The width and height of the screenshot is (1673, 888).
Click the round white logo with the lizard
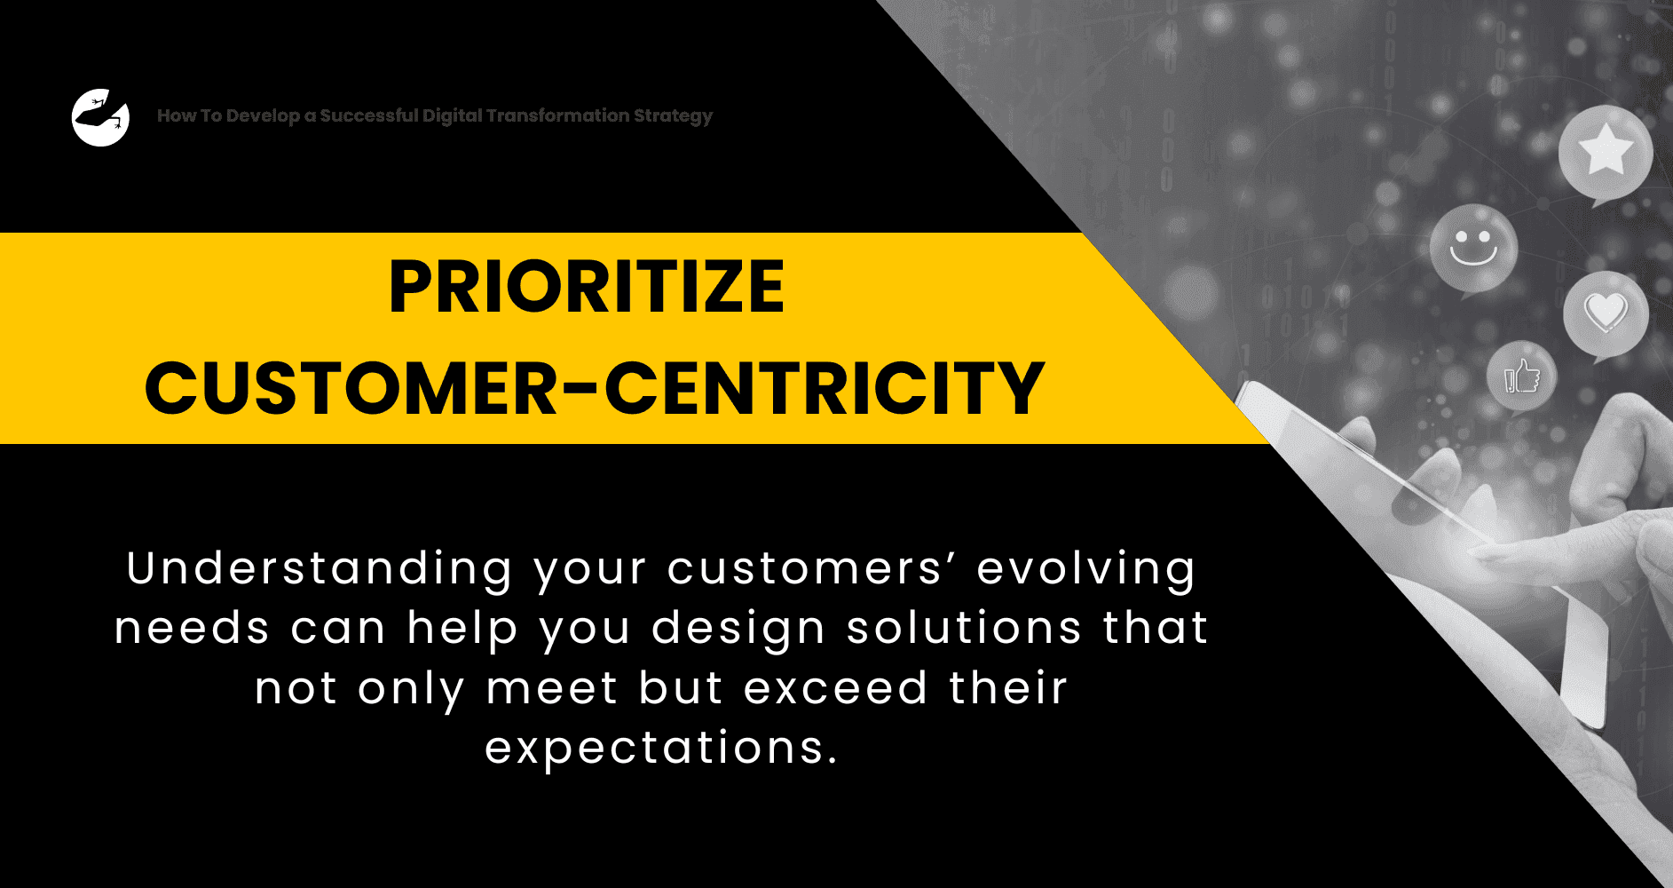(100, 117)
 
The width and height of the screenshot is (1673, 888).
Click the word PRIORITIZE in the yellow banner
(587, 287)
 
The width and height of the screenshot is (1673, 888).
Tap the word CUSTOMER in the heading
(351, 388)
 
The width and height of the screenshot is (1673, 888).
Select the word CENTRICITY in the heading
(824, 388)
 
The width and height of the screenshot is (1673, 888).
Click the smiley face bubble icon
(1473, 250)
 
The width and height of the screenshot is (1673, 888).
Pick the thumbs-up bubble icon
(1521, 377)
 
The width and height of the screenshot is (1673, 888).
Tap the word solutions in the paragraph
(964, 628)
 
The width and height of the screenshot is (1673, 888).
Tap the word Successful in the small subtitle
(368, 115)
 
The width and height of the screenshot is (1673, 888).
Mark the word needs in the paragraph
(192, 629)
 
